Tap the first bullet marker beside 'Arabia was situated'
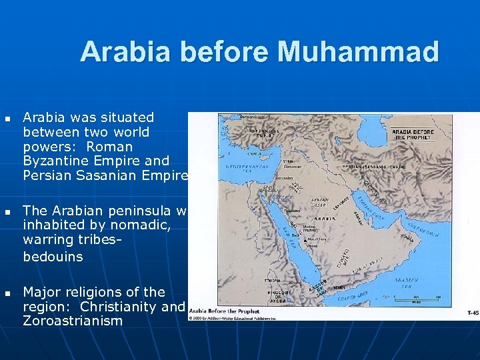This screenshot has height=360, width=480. click(x=7, y=117)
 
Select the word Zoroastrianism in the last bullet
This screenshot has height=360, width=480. click(x=73, y=321)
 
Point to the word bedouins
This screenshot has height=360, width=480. click(x=53, y=257)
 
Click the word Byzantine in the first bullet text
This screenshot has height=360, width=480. click(x=56, y=161)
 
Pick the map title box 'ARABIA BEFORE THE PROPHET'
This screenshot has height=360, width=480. click(x=413, y=135)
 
